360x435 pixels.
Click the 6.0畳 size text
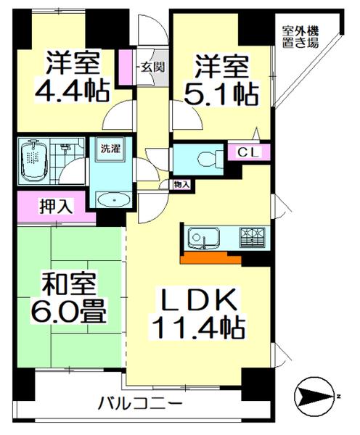(x=70, y=314)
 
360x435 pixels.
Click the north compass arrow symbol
(x=314, y=395)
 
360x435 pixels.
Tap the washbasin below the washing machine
(x=110, y=198)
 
